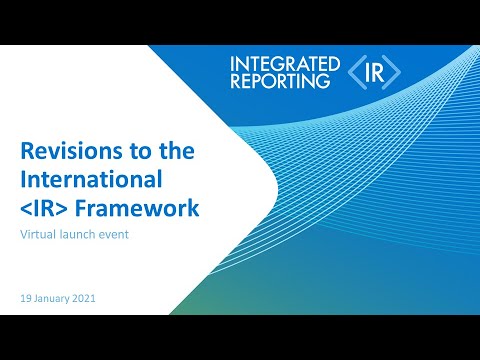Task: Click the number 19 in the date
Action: point(26,299)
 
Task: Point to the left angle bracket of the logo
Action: point(356,72)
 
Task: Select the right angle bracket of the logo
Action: point(394,72)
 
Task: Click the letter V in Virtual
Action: point(24,237)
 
